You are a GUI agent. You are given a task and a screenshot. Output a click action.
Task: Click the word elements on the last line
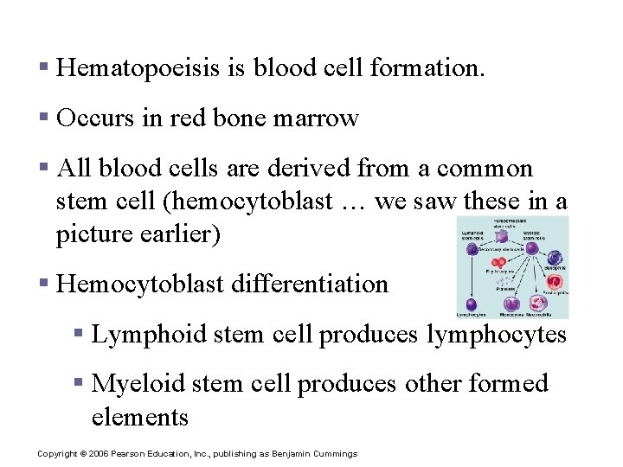pyautogui.click(x=139, y=417)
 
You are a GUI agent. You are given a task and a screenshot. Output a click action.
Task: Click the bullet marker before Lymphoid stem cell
pyautogui.click(x=78, y=334)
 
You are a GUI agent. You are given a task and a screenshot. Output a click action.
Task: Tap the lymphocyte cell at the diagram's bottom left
pyautogui.click(x=472, y=304)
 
